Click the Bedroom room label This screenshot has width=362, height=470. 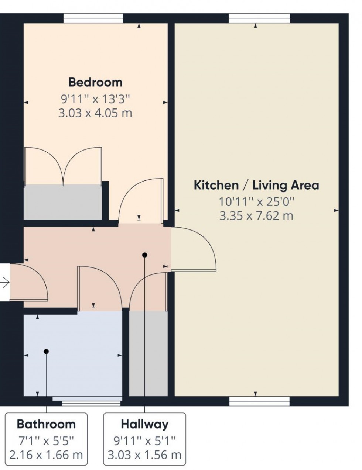(95, 82)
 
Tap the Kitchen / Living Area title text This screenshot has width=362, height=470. (256, 185)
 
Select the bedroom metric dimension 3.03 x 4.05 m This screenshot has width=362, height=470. (95, 113)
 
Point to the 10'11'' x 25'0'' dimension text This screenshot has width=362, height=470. (256, 201)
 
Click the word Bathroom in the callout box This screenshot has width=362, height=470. (46, 424)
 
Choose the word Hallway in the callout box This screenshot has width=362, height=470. (144, 424)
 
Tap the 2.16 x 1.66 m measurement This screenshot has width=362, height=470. (46, 455)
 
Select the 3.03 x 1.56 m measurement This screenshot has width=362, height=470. (144, 455)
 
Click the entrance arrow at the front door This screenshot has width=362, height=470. (5, 283)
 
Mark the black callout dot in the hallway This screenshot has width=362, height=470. (144, 255)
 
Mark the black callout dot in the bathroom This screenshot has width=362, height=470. (46, 352)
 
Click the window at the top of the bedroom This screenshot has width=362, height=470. (93, 18)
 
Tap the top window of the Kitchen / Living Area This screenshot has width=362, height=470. (259, 18)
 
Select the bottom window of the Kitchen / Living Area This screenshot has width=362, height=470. (259, 401)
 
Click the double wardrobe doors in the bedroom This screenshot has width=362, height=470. (63, 166)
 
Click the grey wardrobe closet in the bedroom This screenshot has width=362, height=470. (63, 202)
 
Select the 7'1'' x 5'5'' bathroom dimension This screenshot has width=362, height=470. (46, 440)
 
